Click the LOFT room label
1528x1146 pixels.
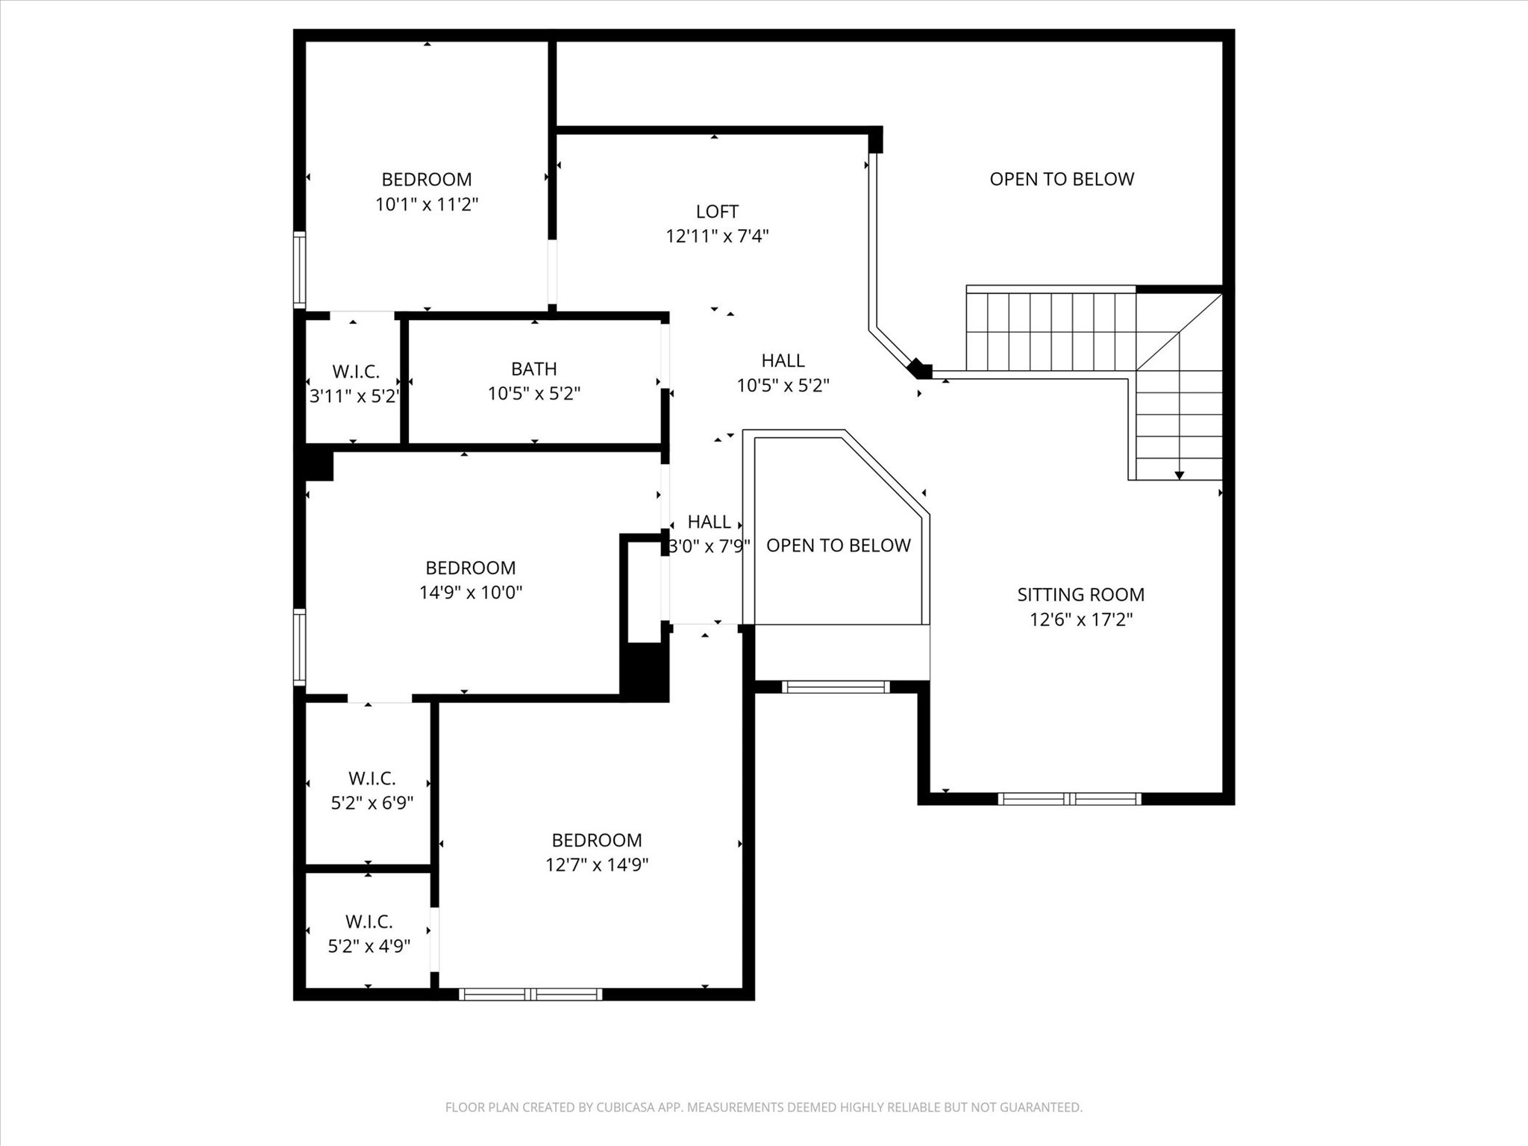click(x=717, y=212)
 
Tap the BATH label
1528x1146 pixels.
click(x=534, y=369)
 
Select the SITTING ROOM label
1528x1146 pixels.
click(x=1080, y=595)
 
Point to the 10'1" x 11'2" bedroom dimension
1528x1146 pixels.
click(x=427, y=204)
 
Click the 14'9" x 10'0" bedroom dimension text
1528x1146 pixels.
click(x=471, y=592)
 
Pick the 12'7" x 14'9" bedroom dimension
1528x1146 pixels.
click(x=597, y=865)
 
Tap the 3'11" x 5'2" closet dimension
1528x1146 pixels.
click(x=355, y=395)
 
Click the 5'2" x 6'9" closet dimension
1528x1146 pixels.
click(x=372, y=803)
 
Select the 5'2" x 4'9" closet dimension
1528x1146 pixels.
click(x=369, y=946)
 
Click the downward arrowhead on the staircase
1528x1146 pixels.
click(x=1180, y=475)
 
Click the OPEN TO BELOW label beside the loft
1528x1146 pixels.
click(x=1062, y=179)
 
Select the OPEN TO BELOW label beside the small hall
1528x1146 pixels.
click(x=839, y=545)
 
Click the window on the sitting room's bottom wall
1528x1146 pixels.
click(x=1070, y=799)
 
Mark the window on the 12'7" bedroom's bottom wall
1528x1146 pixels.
click(x=530, y=994)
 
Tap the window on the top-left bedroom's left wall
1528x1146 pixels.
click(x=299, y=269)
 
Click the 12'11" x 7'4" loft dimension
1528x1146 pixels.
click(x=717, y=237)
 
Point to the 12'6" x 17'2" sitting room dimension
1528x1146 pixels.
click(x=1081, y=619)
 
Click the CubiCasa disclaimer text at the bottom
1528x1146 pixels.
click(x=764, y=1107)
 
